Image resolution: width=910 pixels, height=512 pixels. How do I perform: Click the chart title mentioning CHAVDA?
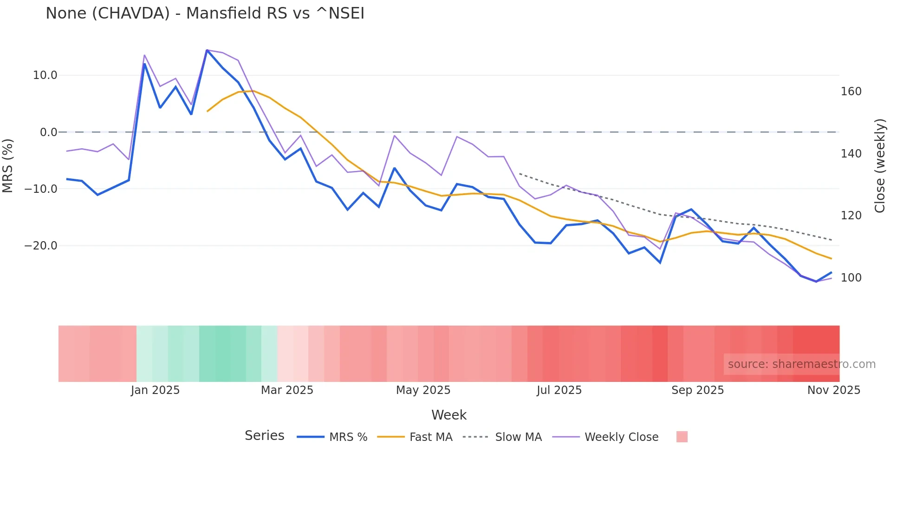click(205, 13)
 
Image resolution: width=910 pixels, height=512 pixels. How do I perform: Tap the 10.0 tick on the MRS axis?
click(45, 75)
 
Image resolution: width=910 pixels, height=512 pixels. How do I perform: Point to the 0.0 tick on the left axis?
click(48, 132)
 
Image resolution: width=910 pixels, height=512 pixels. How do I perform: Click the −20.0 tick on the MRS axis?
click(41, 246)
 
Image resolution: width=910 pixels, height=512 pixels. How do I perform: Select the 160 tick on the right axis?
click(851, 92)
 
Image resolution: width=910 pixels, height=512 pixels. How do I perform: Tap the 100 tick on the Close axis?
click(851, 278)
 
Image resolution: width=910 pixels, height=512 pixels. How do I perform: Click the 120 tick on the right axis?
click(851, 216)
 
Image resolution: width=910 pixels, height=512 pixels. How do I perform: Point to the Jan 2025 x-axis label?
click(155, 390)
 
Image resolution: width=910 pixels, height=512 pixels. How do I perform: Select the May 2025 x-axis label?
click(423, 390)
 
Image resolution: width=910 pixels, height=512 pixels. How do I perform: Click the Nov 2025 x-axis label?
click(833, 390)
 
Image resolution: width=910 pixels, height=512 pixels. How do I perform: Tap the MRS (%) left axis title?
click(8, 165)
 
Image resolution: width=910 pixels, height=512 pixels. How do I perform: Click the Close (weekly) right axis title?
click(880, 166)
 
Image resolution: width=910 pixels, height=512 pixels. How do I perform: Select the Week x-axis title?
click(448, 415)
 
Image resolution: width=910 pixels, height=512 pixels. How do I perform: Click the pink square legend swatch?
click(682, 437)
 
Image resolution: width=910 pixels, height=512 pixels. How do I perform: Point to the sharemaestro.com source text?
click(801, 364)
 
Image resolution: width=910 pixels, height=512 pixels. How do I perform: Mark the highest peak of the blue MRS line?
click(207, 50)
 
